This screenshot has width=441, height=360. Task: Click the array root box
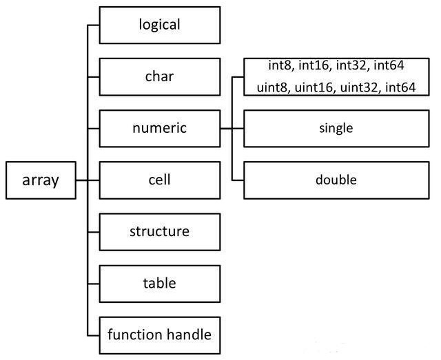click(41, 180)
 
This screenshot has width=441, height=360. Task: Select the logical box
click(160, 25)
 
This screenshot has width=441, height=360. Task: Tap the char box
click(160, 76)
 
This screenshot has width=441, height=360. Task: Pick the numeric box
click(160, 128)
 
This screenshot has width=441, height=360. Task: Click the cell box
click(160, 180)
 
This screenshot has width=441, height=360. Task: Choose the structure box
click(160, 231)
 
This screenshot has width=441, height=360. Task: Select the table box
click(160, 283)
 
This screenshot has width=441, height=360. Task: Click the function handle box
click(160, 335)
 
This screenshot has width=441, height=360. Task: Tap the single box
click(336, 128)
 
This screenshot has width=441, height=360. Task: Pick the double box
click(336, 180)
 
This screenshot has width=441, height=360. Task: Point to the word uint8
click(271, 87)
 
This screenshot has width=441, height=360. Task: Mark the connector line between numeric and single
click(232, 128)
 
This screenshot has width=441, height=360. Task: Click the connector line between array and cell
click(88, 180)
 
